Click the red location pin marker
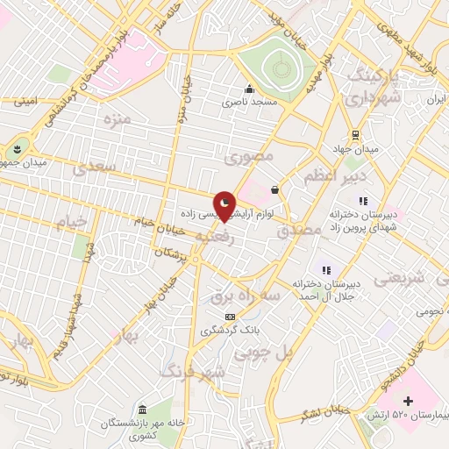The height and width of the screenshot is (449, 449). tap(225, 205)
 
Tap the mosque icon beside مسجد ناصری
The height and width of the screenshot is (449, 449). tap(250, 89)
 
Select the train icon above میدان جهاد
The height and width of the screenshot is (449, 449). tap(354, 134)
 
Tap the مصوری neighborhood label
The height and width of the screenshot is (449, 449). tap(249, 157)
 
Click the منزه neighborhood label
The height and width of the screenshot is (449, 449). tap(116, 118)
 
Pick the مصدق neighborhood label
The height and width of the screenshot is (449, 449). tap(294, 232)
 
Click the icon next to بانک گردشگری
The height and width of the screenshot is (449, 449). tap(230, 317)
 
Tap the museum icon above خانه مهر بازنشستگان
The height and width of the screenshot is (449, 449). tap(142, 409)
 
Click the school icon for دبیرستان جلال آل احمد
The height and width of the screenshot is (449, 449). tap(326, 271)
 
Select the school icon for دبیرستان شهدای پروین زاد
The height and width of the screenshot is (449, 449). tap(363, 201)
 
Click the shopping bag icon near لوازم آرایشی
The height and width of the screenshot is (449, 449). tap(275, 189)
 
